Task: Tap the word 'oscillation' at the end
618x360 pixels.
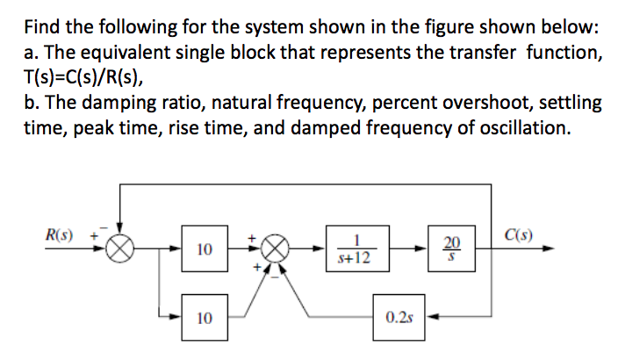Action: pos(524,128)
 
